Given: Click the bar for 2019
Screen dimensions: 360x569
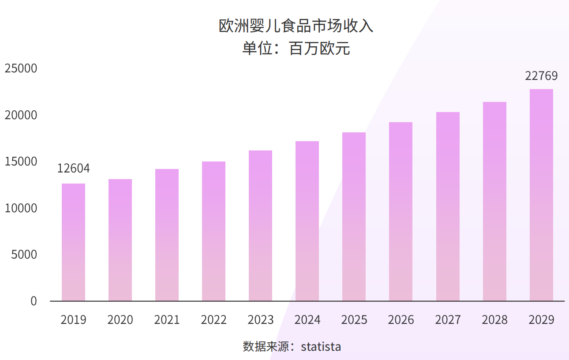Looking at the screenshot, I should coord(73,242).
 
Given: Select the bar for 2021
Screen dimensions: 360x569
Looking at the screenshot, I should coord(167,235).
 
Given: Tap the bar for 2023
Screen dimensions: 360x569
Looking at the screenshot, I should coord(260,226).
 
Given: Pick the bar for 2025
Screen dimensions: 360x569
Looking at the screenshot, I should coord(354,217).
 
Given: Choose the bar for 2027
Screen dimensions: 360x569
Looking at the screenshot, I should coord(448,206).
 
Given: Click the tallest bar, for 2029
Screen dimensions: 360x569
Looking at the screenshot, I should coord(541,195).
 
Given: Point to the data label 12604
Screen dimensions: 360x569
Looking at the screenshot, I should coord(74,169).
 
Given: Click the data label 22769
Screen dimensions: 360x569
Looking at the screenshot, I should coord(541,76).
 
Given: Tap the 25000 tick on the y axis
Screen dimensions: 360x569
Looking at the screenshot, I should coord(21,69).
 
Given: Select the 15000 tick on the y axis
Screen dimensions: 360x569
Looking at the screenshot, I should coord(21,162).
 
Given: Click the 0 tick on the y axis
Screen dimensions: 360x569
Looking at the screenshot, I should coord(34,301).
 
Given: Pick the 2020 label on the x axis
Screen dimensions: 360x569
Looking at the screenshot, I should coord(120,320).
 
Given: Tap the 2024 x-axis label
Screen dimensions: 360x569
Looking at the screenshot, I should coord(307,320).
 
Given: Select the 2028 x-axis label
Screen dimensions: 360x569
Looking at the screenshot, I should coord(494,320).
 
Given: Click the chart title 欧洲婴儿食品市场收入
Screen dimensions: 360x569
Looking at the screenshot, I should coord(296,26).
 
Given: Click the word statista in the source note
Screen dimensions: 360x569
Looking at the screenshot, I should coord(321,347).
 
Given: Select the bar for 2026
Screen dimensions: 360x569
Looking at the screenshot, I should coord(401,212).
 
